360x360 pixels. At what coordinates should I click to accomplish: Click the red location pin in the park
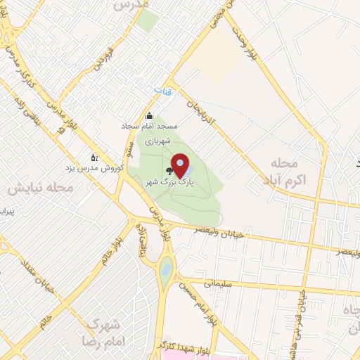[x=180, y=166]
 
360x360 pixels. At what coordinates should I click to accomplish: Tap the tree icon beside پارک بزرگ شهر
[x=169, y=170]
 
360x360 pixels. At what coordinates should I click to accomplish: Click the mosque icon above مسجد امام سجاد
[x=148, y=117]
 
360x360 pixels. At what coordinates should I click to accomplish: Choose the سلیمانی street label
[x=217, y=284]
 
